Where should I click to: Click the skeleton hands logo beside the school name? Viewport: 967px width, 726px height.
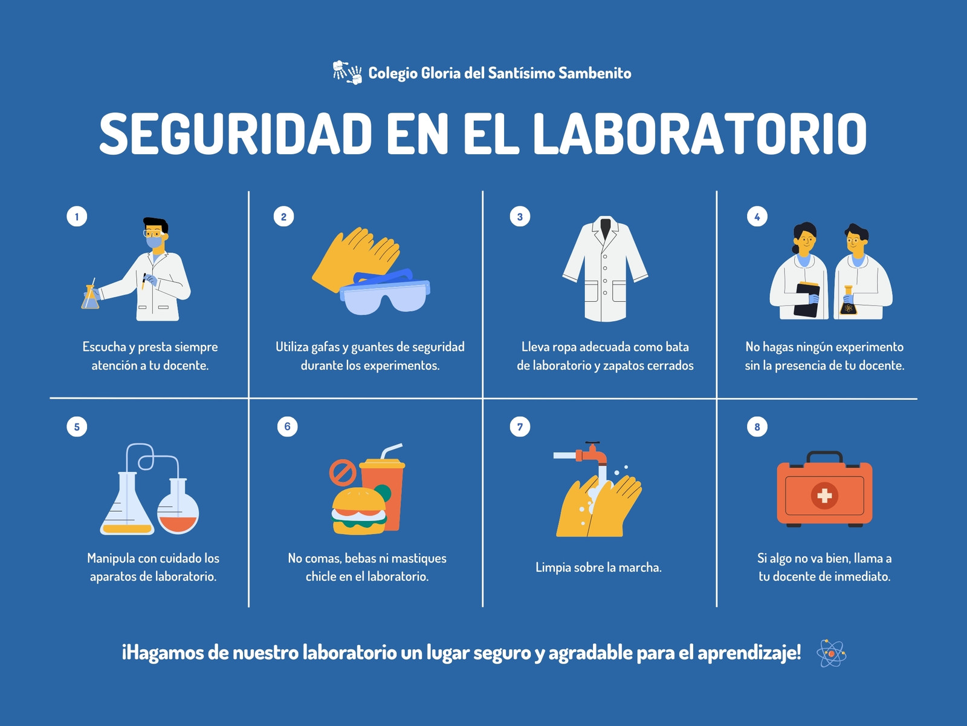(347, 72)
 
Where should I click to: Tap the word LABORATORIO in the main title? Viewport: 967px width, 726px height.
(700, 133)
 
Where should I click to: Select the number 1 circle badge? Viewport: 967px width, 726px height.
(77, 217)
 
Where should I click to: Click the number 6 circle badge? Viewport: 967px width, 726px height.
(287, 427)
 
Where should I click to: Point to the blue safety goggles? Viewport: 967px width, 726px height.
(385, 292)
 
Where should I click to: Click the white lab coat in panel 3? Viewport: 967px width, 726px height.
(605, 269)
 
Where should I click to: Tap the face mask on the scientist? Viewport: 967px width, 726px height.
(154, 242)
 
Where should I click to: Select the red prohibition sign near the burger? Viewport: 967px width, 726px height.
(343, 473)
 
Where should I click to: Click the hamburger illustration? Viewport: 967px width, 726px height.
(359, 511)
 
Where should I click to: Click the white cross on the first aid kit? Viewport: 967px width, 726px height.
(824, 495)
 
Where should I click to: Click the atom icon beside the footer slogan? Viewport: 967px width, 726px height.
(831, 653)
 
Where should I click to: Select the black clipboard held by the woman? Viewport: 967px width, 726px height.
(807, 300)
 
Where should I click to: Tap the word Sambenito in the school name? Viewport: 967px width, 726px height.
(595, 73)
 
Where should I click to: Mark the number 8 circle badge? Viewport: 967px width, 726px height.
(757, 427)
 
